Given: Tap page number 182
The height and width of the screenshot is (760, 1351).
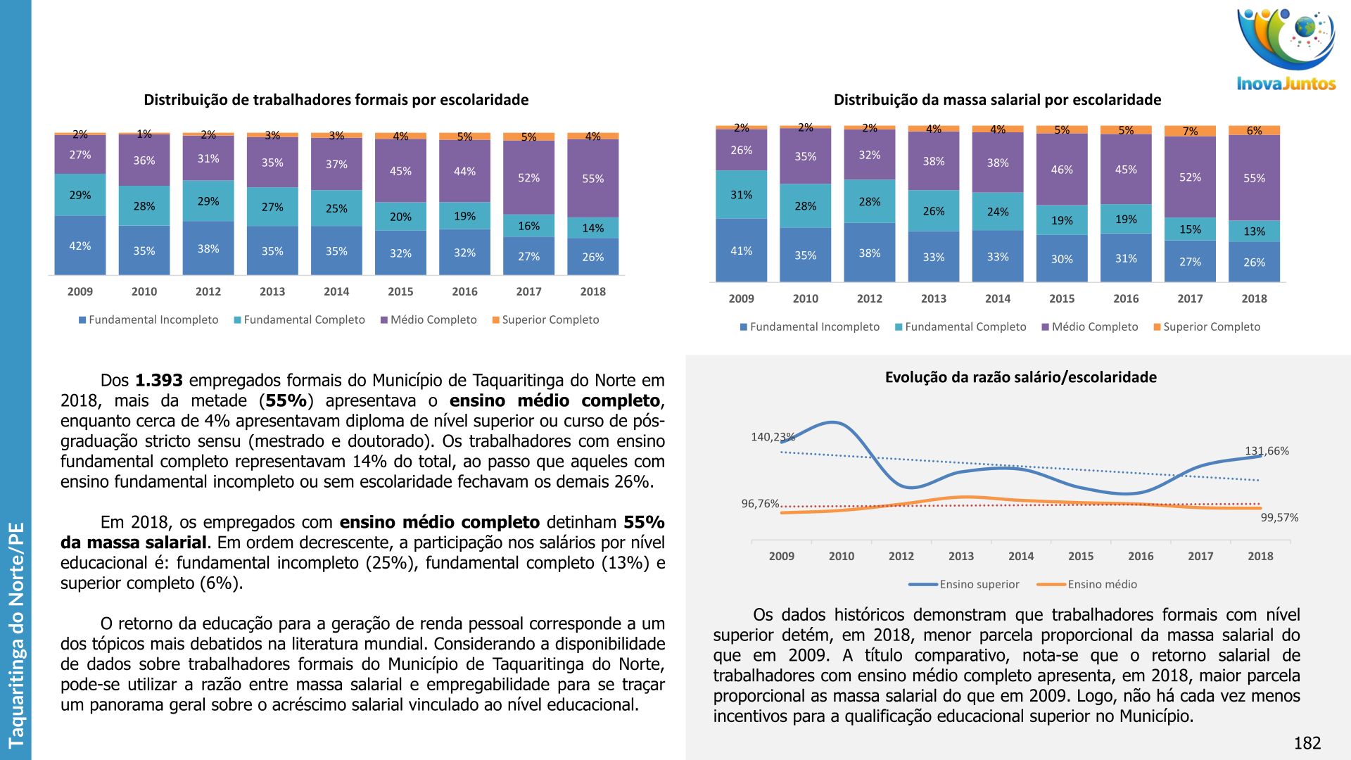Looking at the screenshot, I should click(1307, 743).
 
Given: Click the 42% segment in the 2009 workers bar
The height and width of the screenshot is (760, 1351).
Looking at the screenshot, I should click(80, 246).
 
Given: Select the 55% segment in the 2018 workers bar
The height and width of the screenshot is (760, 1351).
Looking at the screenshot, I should click(592, 179).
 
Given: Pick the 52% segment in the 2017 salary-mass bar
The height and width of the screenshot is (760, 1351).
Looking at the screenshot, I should click(1190, 177).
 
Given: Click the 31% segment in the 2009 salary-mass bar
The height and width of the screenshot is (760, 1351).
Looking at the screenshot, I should click(741, 195).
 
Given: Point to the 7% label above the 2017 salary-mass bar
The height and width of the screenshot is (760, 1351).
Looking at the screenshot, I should click(1190, 132).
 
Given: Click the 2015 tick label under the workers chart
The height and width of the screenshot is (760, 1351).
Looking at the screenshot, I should click(400, 291).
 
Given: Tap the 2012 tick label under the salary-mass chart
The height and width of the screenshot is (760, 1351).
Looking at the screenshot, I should click(869, 298).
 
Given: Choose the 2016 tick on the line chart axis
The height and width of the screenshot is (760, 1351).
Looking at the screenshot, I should click(1141, 556).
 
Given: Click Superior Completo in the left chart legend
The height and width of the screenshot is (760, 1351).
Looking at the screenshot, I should click(550, 319).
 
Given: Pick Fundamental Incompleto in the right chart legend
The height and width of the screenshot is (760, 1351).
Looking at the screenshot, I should click(814, 327).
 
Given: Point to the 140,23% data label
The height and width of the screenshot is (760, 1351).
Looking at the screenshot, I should click(773, 437).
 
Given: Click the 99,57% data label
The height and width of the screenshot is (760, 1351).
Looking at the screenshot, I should click(1279, 517).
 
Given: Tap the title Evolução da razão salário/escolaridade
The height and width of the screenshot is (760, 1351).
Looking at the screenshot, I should click(1020, 377).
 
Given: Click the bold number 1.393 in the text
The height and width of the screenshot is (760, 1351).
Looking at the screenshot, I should click(159, 381).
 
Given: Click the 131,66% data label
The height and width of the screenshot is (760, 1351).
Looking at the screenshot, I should click(1267, 451).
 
